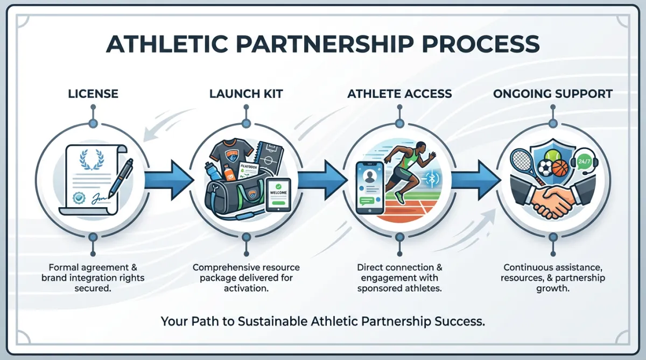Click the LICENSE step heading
click(x=93, y=94)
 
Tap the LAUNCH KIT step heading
click(x=246, y=94)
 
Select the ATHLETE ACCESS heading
click(x=399, y=94)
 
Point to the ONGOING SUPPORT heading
click(x=552, y=94)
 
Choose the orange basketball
click(x=560, y=168)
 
